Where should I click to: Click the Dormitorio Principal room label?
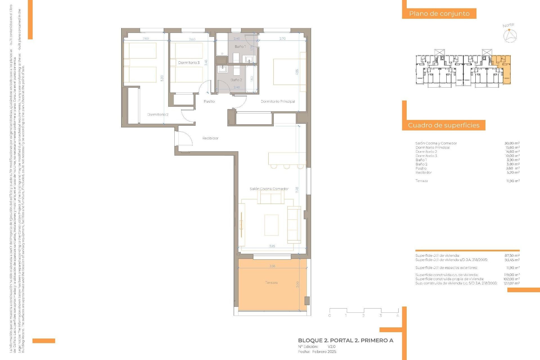pyautogui.click(x=278, y=102)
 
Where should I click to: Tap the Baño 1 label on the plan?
pyautogui.click(x=240, y=46)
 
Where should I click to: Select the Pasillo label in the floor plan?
pyautogui.click(x=209, y=102)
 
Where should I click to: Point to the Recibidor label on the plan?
pyautogui.click(x=210, y=138)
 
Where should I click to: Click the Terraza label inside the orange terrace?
pyautogui.click(x=271, y=283)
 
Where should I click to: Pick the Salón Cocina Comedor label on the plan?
pyautogui.click(x=269, y=189)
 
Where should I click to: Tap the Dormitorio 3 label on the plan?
pyautogui.click(x=189, y=63)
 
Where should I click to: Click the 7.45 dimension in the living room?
pyautogui.click(x=297, y=190)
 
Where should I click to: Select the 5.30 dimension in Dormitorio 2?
pyautogui.click(x=162, y=78)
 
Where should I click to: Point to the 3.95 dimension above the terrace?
pyautogui.click(x=272, y=246)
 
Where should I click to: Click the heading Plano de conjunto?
pyautogui.click(x=439, y=13)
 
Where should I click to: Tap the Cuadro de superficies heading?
pyautogui.click(x=444, y=125)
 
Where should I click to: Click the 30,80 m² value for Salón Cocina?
pyautogui.click(x=512, y=143)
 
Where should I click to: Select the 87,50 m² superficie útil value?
pyautogui.click(x=512, y=256)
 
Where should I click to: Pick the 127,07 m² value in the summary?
pyautogui.click(x=511, y=283)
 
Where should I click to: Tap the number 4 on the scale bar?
pyautogui.click(x=397, y=316)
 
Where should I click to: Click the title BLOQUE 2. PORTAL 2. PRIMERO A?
pyautogui.click(x=346, y=341)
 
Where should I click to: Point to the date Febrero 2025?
pyautogui.click(x=324, y=352)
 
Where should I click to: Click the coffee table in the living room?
pyautogui.click(x=271, y=225)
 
